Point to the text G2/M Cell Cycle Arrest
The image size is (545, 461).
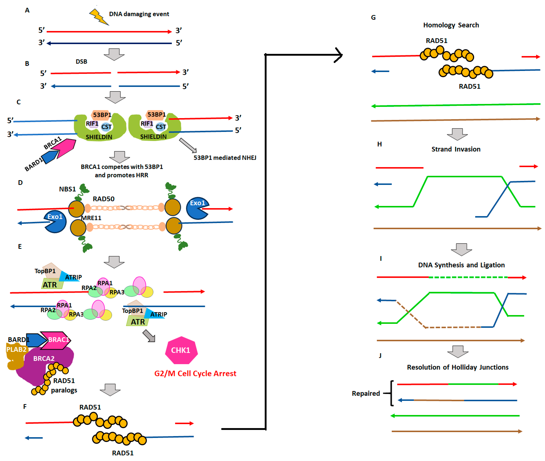[195, 373]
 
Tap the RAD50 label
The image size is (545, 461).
[103, 199]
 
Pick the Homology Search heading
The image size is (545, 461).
[451, 25]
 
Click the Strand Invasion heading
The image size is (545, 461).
[456, 149]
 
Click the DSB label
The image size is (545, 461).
[81, 62]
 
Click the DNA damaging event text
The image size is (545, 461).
[139, 14]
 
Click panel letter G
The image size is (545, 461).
[373, 17]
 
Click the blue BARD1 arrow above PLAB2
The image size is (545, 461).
[36, 340]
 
